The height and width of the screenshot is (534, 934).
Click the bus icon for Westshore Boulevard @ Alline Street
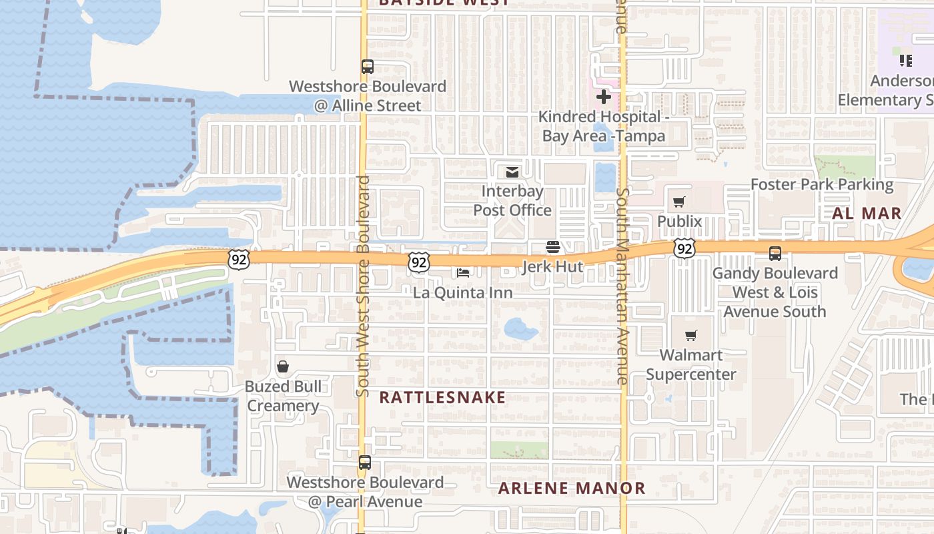click(x=367, y=67)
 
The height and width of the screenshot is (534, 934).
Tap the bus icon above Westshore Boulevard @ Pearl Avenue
click(x=364, y=463)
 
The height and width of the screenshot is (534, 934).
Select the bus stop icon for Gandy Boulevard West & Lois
click(x=775, y=254)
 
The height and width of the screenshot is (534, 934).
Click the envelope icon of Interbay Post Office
click(x=512, y=173)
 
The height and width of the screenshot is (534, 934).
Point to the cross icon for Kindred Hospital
click(x=604, y=97)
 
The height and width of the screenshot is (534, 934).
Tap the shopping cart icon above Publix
click(x=679, y=202)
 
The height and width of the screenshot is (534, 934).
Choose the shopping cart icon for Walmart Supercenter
click(x=690, y=335)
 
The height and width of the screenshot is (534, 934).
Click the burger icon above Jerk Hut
click(x=552, y=248)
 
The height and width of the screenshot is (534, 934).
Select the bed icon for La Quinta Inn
click(x=463, y=272)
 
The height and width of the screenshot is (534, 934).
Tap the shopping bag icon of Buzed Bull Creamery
click(x=283, y=366)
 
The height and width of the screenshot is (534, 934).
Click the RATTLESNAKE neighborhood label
click(x=442, y=398)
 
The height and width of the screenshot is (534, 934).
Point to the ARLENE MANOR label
click(x=572, y=488)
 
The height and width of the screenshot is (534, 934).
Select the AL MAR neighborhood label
click(x=867, y=214)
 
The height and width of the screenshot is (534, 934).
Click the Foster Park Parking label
click(x=822, y=184)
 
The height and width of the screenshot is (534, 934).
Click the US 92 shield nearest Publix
click(x=684, y=248)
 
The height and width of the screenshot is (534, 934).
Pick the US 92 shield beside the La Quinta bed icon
click(x=418, y=262)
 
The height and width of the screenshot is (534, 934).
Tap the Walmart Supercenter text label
click(x=690, y=364)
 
